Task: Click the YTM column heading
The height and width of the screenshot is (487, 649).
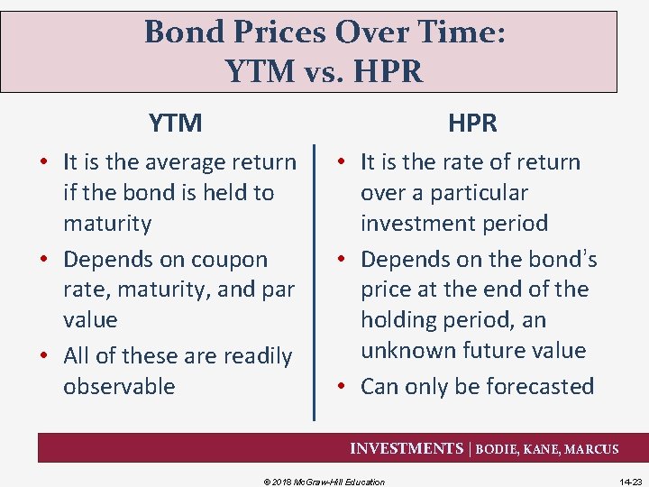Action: point(175,123)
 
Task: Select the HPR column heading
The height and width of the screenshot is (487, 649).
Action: point(472,123)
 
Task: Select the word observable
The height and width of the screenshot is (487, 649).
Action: point(119,387)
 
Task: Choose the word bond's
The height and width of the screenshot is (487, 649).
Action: point(561,260)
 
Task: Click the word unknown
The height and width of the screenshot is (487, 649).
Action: point(407,351)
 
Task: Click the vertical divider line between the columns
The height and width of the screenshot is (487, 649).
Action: point(314,280)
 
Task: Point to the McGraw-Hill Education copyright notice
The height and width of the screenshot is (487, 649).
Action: point(324,482)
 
